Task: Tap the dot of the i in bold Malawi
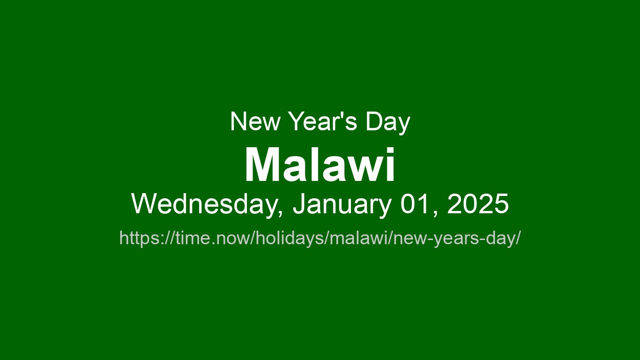click(x=390, y=151)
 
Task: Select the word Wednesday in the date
click(x=204, y=205)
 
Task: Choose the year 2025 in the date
click(x=478, y=205)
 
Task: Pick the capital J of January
click(x=299, y=205)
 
